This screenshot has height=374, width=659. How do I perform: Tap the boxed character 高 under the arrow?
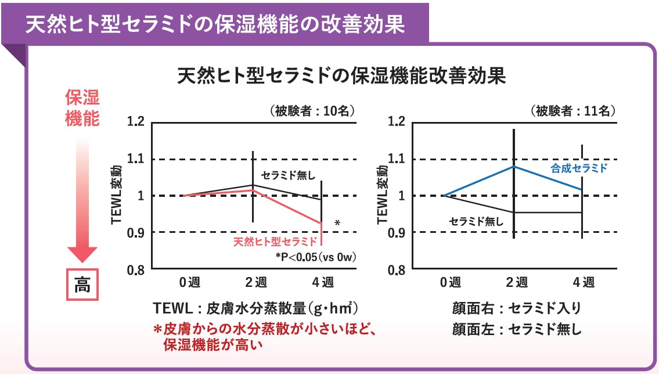82,285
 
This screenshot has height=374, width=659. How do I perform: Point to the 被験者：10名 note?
312,110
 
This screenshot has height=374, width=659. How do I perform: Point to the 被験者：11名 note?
572,110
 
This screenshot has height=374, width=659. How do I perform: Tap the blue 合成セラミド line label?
578,168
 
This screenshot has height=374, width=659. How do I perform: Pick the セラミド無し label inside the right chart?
476,221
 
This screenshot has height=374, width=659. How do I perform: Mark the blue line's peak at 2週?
514,166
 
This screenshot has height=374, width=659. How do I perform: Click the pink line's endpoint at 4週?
321,223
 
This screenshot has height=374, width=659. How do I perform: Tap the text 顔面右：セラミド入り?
516,308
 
